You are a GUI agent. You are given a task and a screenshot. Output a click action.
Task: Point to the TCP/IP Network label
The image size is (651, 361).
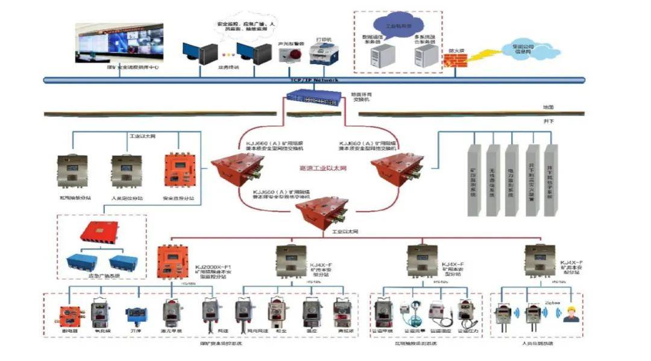coord(314,80)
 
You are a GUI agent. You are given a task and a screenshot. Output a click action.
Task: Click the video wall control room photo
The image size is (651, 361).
coord(119,43)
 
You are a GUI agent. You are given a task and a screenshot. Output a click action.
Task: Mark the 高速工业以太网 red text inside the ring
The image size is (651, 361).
coord(323,169)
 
